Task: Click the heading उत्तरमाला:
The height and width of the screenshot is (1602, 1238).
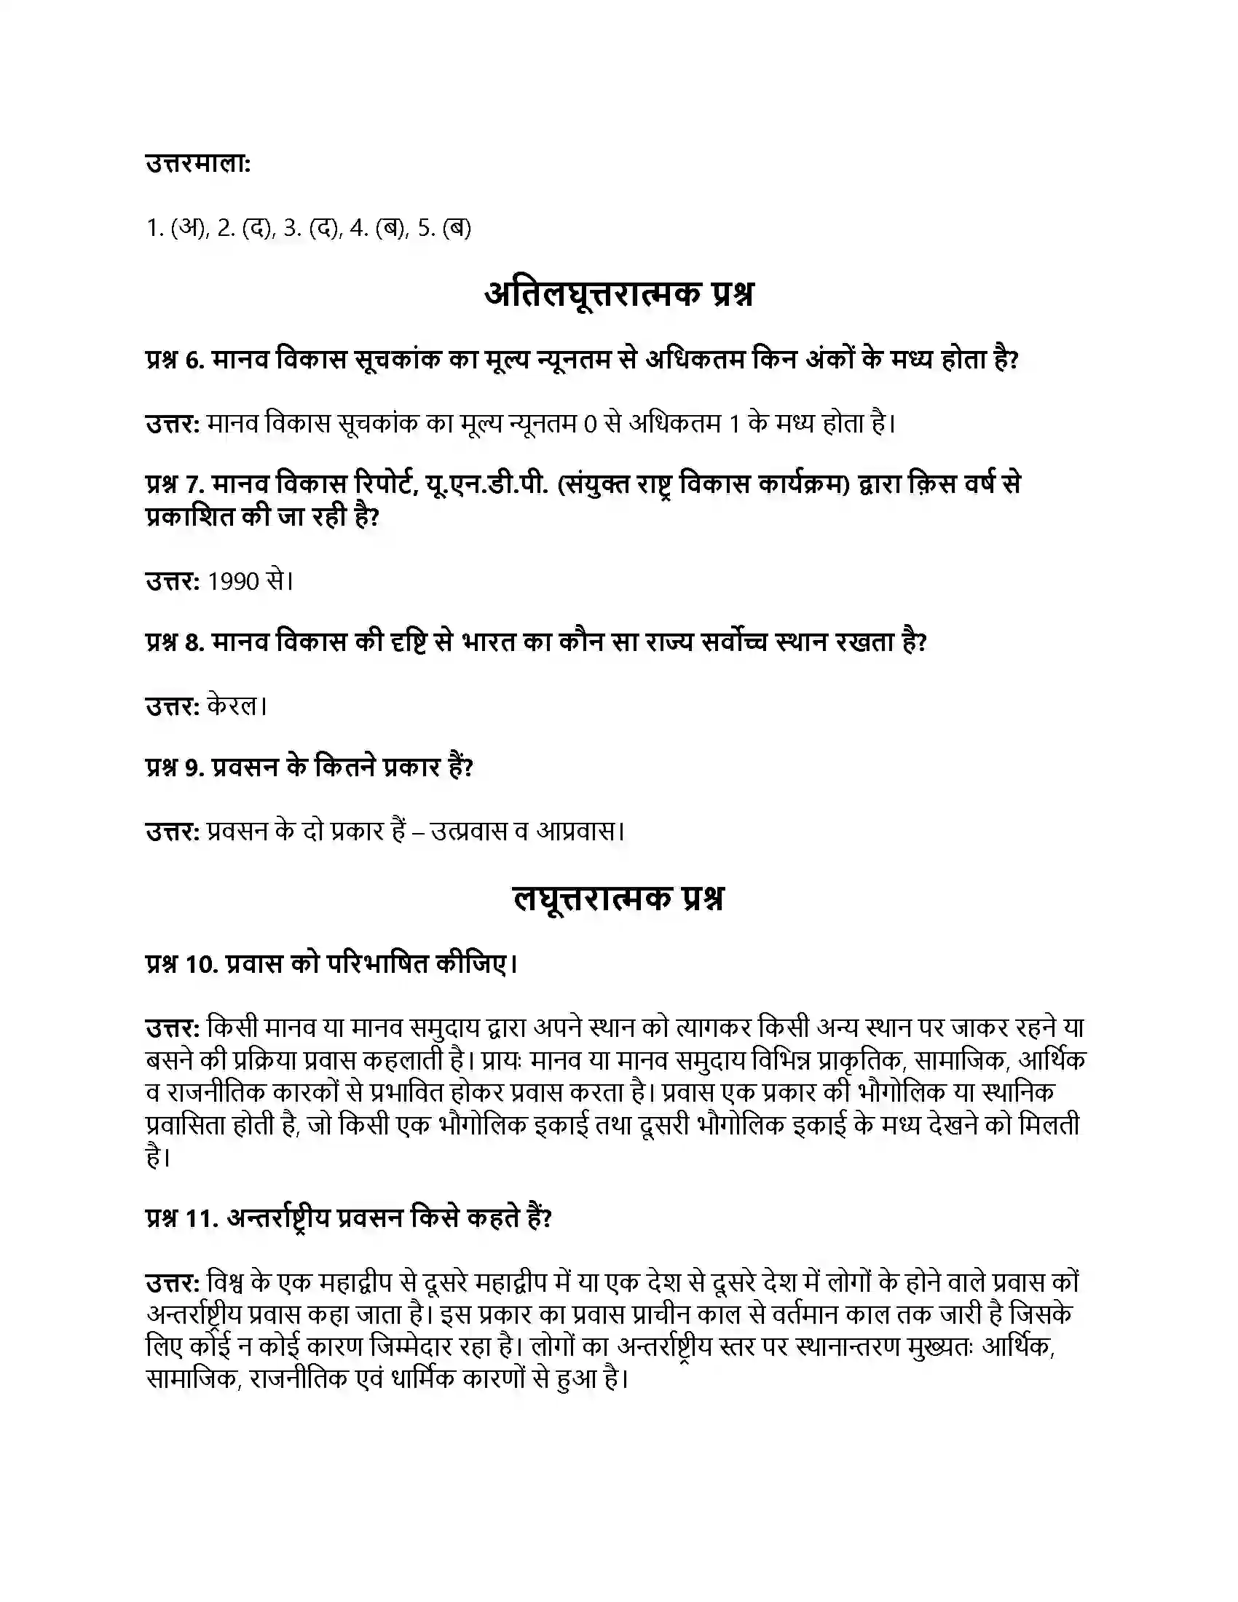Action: (198, 165)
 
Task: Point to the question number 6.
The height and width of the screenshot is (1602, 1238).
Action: (194, 360)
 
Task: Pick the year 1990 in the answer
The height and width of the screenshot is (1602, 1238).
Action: (234, 581)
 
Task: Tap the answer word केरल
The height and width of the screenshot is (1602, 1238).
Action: (233, 706)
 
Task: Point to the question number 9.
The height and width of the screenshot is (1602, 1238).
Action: (194, 768)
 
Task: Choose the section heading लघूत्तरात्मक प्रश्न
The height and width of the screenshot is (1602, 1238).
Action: (618, 899)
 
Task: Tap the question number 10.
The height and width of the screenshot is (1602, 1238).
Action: (201, 964)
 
